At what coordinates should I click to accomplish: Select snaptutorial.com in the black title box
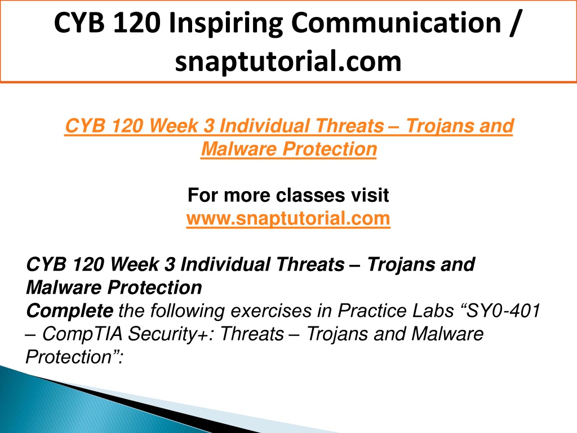pos(288,61)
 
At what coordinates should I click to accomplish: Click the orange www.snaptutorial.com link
pos(288,218)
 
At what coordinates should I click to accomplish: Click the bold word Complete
pos(70,311)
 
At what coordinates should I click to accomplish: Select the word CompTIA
pos(82,334)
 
